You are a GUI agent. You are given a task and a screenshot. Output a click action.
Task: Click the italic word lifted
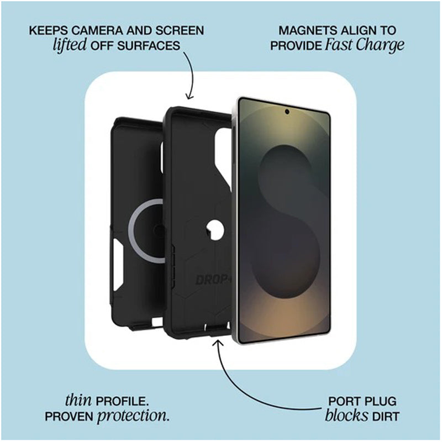(70, 45)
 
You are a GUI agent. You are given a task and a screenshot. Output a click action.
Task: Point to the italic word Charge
(380, 46)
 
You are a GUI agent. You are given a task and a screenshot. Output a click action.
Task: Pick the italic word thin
(78, 399)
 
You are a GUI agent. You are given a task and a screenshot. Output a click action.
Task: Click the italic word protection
(133, 416)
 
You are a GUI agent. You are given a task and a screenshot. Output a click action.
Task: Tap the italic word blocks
(346, 415)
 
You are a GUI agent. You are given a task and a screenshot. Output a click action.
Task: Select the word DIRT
(385, 416)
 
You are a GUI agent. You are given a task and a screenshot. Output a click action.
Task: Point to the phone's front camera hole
(287, 112)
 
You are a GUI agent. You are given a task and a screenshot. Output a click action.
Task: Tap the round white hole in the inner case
(215, 230)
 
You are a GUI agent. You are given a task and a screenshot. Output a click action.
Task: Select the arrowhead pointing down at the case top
(190, 97)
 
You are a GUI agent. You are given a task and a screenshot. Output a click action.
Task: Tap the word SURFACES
(148, 46)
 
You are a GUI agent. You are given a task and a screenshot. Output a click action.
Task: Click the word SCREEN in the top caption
(179, 30)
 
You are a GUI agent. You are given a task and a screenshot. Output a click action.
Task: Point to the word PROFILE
(122, 401)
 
